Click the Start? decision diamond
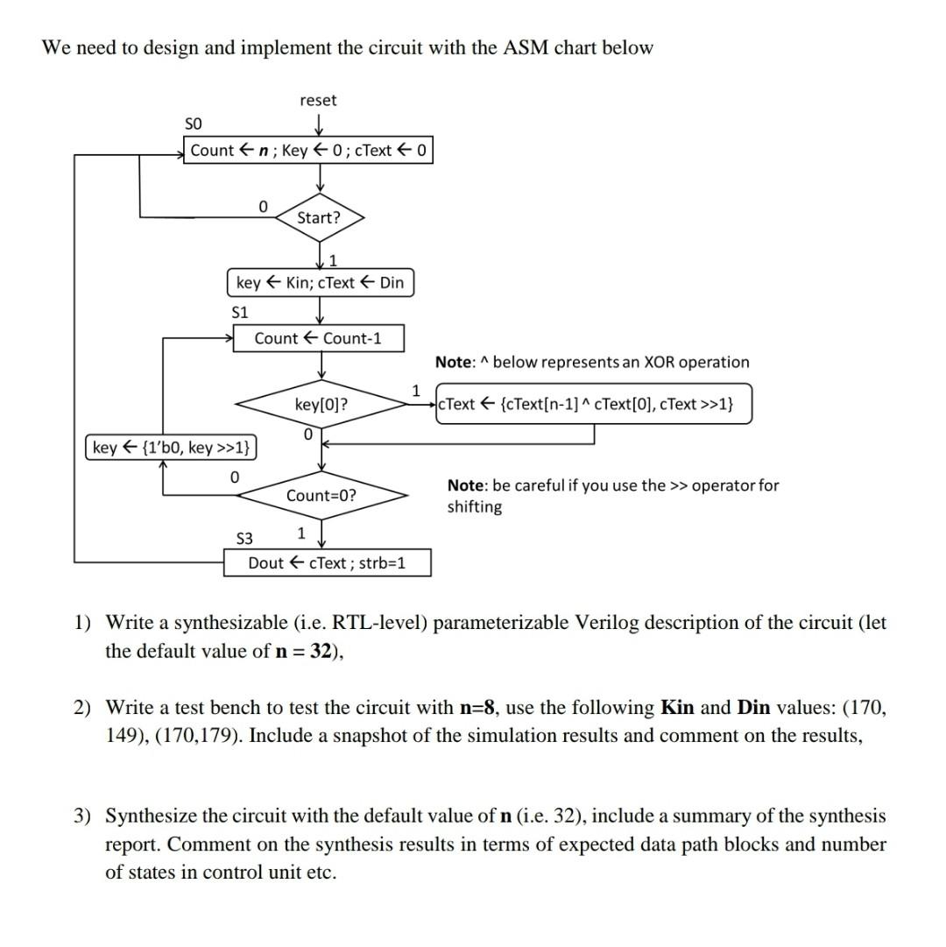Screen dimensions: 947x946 pyautogui.click(x=319, y=217)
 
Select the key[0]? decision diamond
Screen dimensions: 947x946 pyautogui.click(x=321, y=404)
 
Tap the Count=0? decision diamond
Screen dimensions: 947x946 pyautogui.click(x=321, y=495)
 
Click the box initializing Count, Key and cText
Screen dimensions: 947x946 pyautogui.click(x=308, y=150)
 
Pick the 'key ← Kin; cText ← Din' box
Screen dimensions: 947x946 pyautogui.click(x=321, y=282)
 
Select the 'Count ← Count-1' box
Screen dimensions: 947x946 pyautogui.click(x=318, y=338)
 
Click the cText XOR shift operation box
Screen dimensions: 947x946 pyautogui.click(x=593, y=404)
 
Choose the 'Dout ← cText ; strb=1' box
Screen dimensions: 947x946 pyautogui.click(x=327, y=562)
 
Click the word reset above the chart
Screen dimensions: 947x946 pyautogui.click(x=318, y=100)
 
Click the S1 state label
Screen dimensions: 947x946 pyautogui.click(x=239, y=311)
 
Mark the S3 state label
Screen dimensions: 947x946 pyautogui.click(x=244, y=536)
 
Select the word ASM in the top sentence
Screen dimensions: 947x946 pyautogui.click(x=524, y=47)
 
